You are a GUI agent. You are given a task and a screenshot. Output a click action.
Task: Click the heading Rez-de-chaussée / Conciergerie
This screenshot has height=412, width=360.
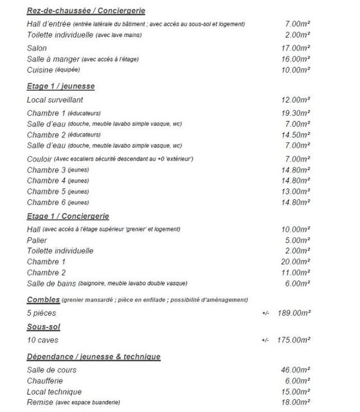tap(86, 11)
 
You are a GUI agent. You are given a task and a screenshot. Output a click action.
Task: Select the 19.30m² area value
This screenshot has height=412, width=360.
tap(296, 113)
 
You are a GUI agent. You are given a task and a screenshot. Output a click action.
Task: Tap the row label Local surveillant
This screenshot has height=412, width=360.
tap(55, 100)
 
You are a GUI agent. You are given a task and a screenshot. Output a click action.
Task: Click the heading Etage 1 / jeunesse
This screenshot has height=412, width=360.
tap(60, 86)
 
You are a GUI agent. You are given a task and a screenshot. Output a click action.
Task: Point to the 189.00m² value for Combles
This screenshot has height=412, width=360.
tap(294, 313)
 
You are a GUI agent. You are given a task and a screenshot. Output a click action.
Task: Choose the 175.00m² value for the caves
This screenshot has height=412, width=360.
tap(294, 340)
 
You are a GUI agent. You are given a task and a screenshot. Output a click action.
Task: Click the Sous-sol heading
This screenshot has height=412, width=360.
tap(43, 326)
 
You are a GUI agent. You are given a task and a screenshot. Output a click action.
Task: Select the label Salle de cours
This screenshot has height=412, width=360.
tap(52, 370)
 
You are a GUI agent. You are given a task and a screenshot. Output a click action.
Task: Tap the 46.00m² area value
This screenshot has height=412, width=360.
tap(296, 370)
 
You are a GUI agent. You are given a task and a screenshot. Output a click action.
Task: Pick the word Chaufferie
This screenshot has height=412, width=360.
tap(45, 381)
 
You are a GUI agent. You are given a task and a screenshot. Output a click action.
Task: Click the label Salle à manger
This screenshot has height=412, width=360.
tap(53, 59)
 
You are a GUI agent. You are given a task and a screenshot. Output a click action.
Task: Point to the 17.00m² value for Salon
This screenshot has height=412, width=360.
tap(296, 48)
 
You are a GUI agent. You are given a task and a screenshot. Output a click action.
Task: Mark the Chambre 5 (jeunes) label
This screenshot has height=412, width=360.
tap(58, 191)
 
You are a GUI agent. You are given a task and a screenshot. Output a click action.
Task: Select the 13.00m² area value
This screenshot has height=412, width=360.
tap(296, 191)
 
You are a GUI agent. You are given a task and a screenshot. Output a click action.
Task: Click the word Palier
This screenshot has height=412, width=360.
tap(37, 240)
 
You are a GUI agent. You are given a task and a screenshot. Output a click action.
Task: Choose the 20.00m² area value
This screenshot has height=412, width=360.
tap(296, 261)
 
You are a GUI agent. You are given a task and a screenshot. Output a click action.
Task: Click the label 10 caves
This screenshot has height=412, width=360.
tap(43, 340)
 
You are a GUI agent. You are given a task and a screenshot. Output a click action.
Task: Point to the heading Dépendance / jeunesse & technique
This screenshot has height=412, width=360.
tap(93, 357)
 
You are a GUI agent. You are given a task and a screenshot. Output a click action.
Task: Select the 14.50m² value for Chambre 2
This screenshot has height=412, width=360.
tap(296, 135)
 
